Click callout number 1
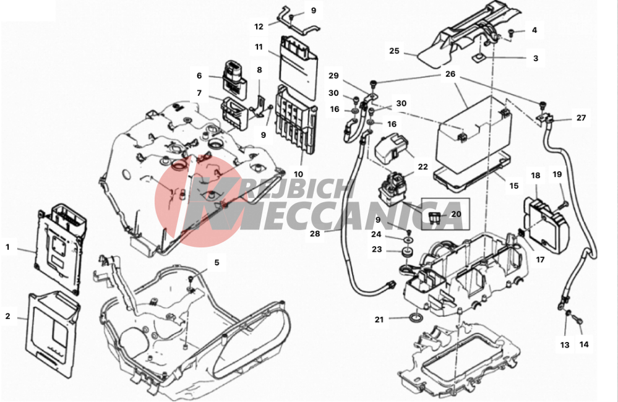point(7,247)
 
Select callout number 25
point(394,51)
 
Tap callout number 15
point(514,186)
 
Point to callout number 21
point(379,320)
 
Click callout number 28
point(315,233)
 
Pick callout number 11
point(259,47)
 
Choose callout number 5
point(217,262)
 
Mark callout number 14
point(584,344)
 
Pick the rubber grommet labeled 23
point(407,252)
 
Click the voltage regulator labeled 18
point(546,223)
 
